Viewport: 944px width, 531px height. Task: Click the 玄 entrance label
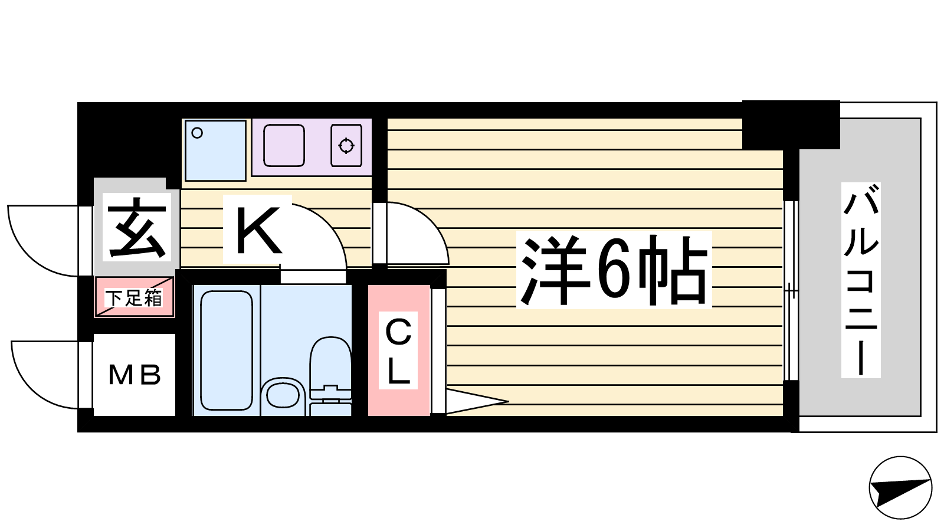pos(137,227)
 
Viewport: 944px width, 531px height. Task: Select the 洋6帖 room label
pos(614,270)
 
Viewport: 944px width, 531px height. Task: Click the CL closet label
pos(398,350)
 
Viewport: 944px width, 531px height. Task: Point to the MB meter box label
pos(135,375)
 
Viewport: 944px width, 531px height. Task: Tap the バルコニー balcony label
pos(861,280)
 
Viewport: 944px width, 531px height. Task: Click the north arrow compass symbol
pos(900,488)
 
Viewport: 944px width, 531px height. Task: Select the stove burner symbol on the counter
pos(346,145)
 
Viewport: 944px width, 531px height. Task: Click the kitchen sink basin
pos(284,145)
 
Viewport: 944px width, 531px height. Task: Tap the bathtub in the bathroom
pos(227,350)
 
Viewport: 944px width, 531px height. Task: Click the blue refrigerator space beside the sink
pos(215,150)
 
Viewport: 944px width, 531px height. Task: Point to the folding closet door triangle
pos(475,401)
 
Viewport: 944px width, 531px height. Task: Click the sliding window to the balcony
pos(791,291)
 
